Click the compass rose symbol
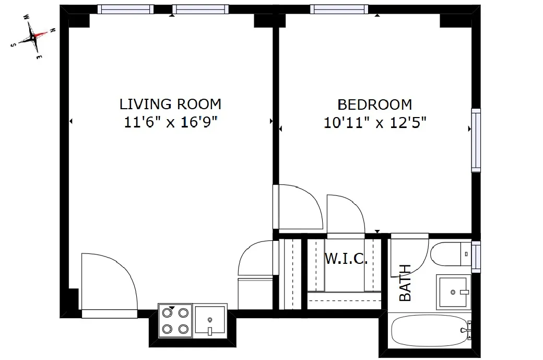tap(33, 37)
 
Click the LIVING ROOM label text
tap(170, 104)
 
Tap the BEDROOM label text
tap(374, 104)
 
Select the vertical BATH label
tap(405, 283)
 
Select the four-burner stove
tap(175, 320)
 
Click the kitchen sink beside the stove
tap(210, 320)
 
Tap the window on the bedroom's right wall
tap(476, 140)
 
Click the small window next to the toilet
tap(476, 257)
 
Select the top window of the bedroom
tap(338, 9)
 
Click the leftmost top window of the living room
tap(125, 9)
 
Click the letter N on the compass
tap(52, 31)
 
